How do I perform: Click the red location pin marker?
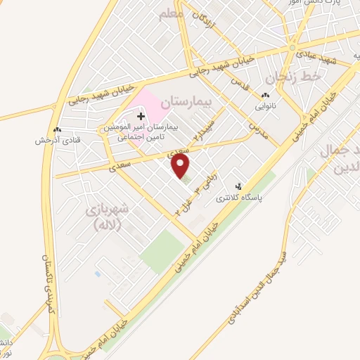coord(181,167)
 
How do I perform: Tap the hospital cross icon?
coord(141,115)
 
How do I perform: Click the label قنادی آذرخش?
coord(57,140)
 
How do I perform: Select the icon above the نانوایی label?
coord(266,96)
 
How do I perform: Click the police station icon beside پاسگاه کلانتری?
coord(240,186)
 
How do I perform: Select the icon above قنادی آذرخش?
coord(57,130)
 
